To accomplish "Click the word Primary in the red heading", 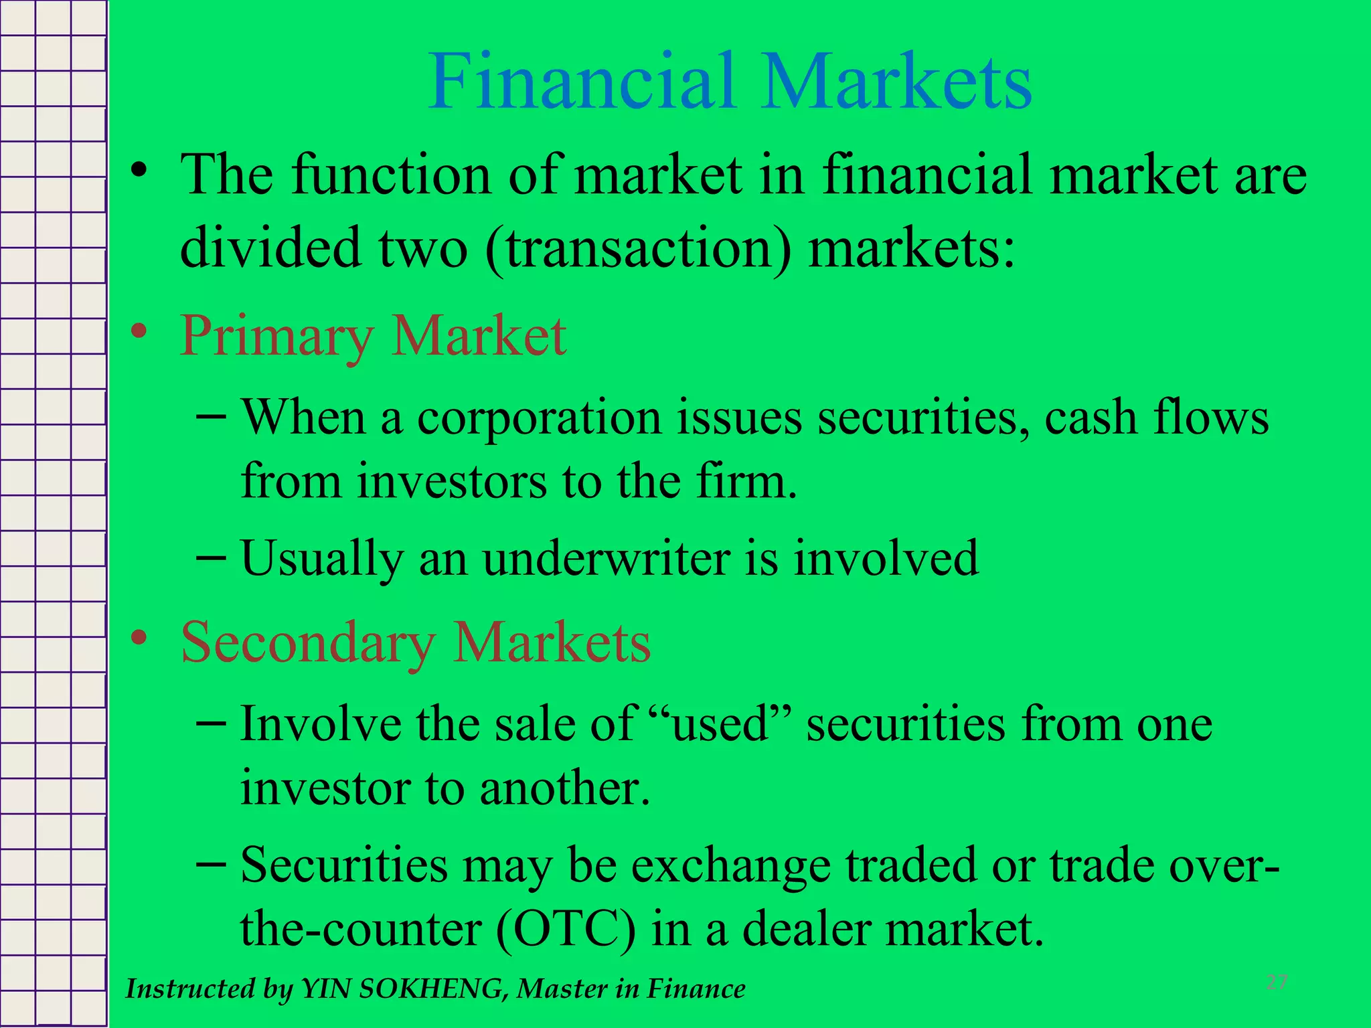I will [276, 337].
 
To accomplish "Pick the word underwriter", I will [606, 558].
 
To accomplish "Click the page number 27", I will [1277, 982].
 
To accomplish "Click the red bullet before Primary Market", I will [139, 331].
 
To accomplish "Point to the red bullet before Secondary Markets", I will [139, 637].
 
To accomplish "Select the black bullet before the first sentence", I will [139, 169].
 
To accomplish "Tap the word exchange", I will [731, 865].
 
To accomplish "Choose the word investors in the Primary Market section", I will [451, 481].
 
